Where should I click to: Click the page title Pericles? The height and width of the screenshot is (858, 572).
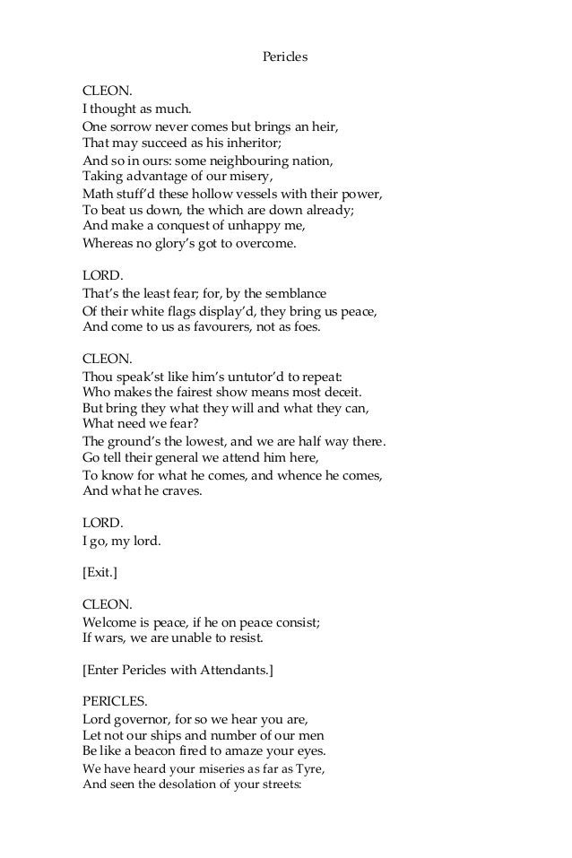(285, 56)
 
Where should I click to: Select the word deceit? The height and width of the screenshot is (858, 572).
(338, 392)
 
